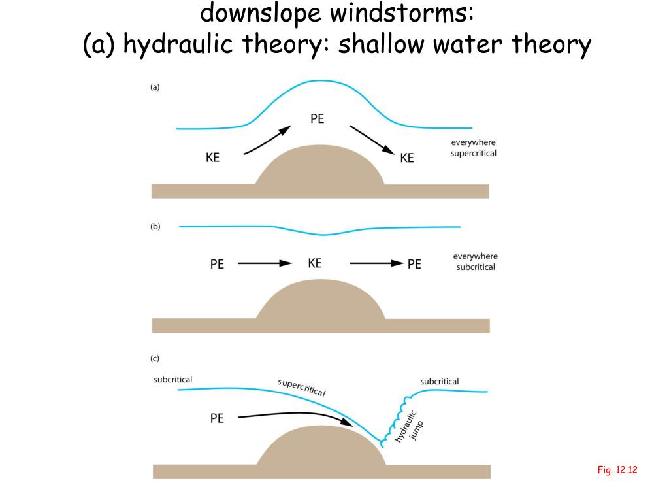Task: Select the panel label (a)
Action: pyautogui.click(x=155, y=86)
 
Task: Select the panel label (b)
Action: pyautogui.click(x=155, y=227)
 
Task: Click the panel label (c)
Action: pyautogui.click(x=155, y=358)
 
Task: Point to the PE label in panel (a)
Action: pyautogui.click(x=317, y=119)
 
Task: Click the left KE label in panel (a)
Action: pyautogui.click(x=213, y=157)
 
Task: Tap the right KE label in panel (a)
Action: pyautogui.click(x=407, y=158)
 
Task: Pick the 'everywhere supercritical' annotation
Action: pyautogui.click(x=474, y=148)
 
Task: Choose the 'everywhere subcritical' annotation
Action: pyautogui.click(x=476, y=261)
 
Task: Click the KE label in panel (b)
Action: pyautogui.click(x=315, y=263)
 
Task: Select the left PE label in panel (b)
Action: pyautogui.click(x=217, y=265)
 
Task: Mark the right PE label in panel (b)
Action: pyautogui.click(x=414, y=265)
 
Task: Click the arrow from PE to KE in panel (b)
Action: pyautogui.click(x=264, y=263)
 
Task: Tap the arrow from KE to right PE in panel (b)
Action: pyautogui.click(x=376, y=263)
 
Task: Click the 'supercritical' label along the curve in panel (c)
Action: pyautogui.click(x=301, y=387)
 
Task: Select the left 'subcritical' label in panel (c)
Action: pyautogui.click(x=173, y=379)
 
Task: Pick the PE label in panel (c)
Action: pyautogui.click(x=217, y=418)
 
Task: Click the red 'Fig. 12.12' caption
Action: pyautogui.click(x=617, y=469)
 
